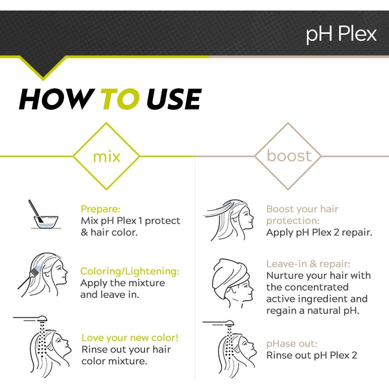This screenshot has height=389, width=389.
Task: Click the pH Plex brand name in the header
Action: click(x=341, y=34)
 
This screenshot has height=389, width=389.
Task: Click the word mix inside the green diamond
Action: click(x=107, y=156)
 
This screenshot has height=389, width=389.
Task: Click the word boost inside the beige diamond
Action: click(x=289, y=156)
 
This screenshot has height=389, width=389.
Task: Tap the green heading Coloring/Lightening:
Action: click(x=130, y=272)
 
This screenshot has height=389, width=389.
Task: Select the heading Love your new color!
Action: click(x=130, y=337)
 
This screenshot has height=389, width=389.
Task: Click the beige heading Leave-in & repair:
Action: click(x=308, y=264)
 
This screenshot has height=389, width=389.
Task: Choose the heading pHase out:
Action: click(x=292, y=343)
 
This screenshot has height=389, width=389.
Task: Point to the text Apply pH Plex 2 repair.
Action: click(x=319, y=232)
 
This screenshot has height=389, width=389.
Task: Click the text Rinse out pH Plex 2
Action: click(x=312, y=355)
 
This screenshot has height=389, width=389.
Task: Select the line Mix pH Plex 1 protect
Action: click(x=130, y=221)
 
